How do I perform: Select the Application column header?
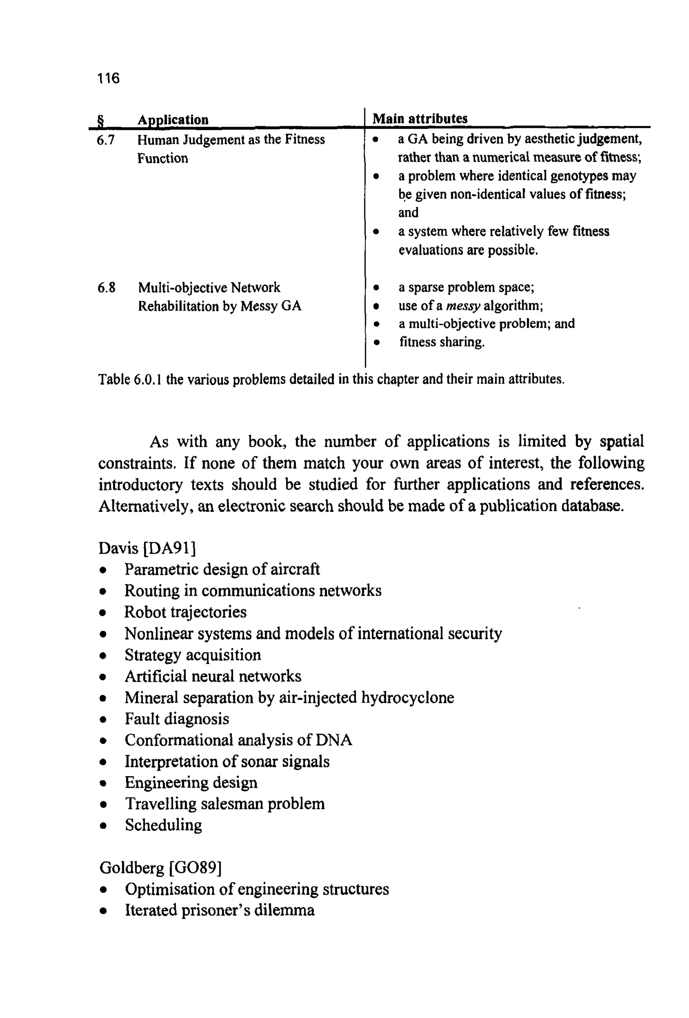click(x=173, y=120)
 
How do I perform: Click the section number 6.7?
click(x=106, y=140)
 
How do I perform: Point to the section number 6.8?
click(x=106, y=288)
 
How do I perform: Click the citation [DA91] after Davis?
click(x=169, y=548)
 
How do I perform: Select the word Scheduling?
click(x=163, y=825)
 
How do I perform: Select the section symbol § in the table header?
click(x=100, y=120)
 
